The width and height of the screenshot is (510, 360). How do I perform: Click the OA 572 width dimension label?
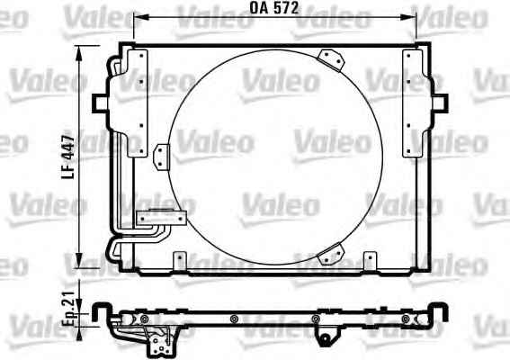coord(274,8)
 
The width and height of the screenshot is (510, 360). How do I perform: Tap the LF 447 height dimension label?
coord(68,157)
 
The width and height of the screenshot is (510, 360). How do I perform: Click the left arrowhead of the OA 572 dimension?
coord(140,17)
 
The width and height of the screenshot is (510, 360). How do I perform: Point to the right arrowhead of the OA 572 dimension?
coord(409,17)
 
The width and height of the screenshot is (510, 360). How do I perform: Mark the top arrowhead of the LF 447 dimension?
coord(79,53)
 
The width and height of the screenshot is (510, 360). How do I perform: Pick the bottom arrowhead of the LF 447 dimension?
coord(79,261)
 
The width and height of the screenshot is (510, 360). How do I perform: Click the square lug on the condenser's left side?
coord(100,103)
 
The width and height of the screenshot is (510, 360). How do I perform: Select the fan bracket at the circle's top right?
coord(331,60)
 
